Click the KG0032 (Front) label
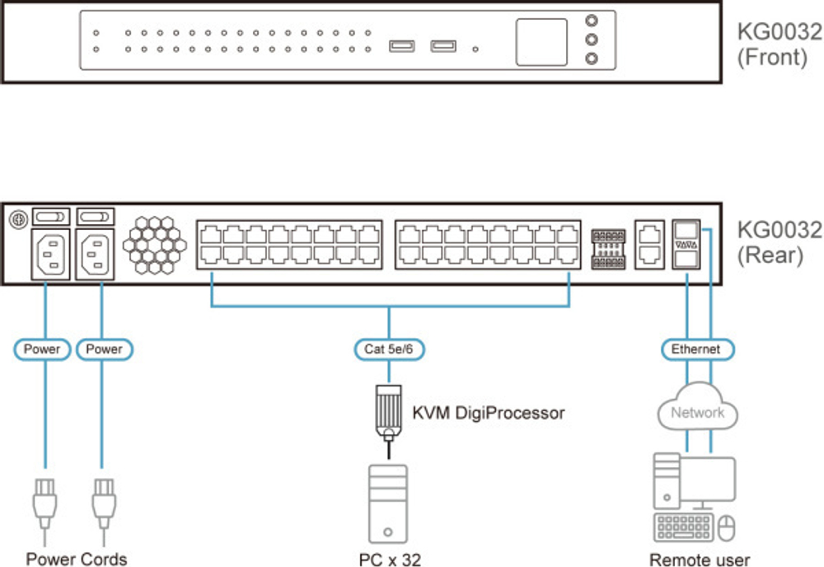[779, 45]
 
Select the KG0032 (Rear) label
[779, 241]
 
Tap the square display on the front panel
[541, 42]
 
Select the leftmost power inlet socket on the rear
[49, 252]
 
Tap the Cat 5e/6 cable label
[389, 349]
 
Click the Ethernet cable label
[695, 349]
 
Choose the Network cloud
[697, 411]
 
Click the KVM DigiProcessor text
[488, 413]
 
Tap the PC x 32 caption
[390, 560]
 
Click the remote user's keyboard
[683, 527]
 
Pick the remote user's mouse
[726, 527]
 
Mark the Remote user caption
[700, 560]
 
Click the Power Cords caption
[77, 559]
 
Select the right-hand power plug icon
[102, 502]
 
